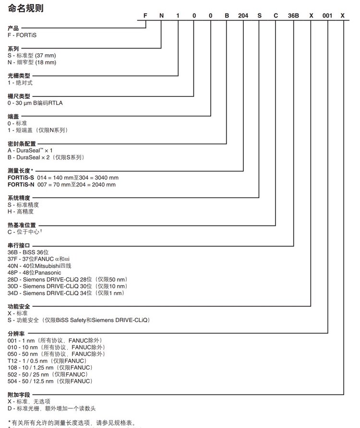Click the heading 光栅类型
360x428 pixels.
19,75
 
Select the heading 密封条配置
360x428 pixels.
22,143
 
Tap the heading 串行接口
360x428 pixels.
19,245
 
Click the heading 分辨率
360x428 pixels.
16,333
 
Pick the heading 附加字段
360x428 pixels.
19,394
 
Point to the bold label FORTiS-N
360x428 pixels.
21,184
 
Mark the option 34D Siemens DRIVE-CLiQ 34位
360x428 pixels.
66,293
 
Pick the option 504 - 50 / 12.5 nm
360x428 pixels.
50,381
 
